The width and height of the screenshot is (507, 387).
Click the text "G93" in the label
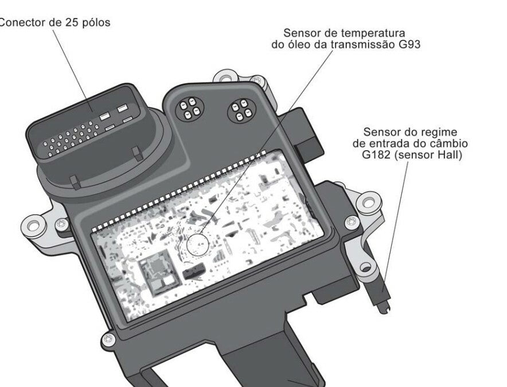point(409,44)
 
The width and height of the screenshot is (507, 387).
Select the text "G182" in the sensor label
point(376,154)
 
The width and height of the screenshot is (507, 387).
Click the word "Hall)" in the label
point(450,155)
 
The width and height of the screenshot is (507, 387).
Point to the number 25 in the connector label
point(71,22)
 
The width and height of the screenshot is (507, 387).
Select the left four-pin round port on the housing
point(189,107)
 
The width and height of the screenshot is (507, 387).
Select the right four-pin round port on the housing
point(242,111)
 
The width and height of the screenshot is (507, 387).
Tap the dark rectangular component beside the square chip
point(194,270)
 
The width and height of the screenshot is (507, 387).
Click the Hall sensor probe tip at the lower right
point(385,309)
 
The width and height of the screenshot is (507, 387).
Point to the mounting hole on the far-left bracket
point(33,225)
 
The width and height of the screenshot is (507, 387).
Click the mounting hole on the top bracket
point(227,78)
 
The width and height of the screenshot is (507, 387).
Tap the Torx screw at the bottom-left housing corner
point(108,340)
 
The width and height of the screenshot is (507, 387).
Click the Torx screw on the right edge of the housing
point(352,222)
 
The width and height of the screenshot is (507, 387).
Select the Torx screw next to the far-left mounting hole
point(61,223)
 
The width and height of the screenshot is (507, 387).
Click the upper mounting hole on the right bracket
point(369,202)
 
